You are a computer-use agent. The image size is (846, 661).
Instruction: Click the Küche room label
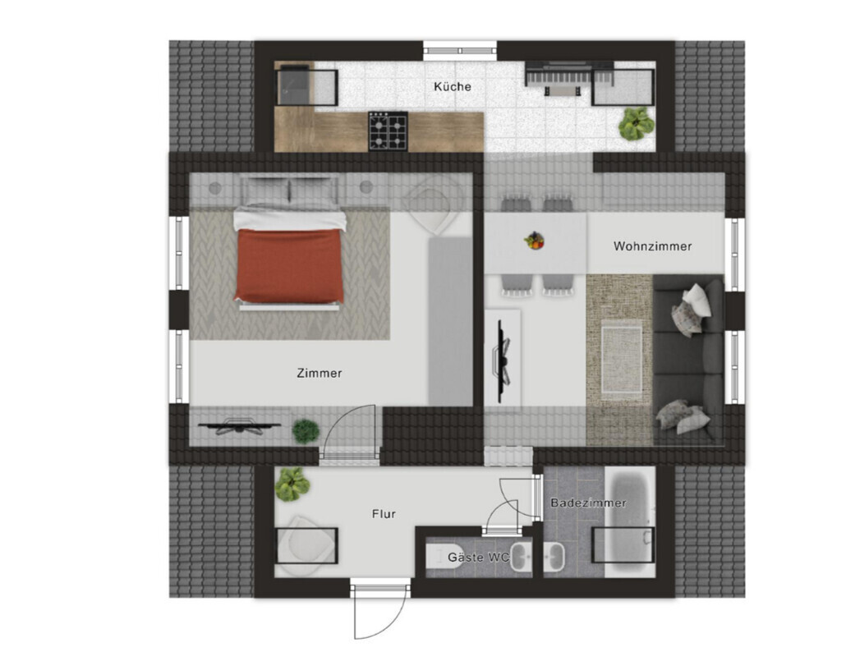[x=452, y=86]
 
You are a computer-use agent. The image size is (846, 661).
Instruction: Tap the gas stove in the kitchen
[x=388, y=131]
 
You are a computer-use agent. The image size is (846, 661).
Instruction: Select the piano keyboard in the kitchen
[x=569, y=79]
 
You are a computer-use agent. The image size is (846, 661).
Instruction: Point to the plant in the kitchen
[x=636, y=123]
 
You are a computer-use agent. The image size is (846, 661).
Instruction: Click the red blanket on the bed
[x=289, y=265]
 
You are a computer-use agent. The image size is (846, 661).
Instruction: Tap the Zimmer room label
[x=319, y=373]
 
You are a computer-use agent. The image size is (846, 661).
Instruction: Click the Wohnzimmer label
[x=652, y=246]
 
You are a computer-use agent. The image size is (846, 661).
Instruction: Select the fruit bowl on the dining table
[x=534, y=241]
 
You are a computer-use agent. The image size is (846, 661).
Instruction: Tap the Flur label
[x=384, y=514]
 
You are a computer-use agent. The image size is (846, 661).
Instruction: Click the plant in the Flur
[x=292, y=484]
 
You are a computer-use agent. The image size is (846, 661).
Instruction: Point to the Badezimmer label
[x=588, y=503]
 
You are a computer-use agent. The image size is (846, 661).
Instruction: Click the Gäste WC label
[x=479, y=558]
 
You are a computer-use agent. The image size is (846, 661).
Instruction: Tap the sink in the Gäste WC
[x=521, y=557]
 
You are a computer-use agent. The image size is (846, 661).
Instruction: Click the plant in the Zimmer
[x=306, y=432]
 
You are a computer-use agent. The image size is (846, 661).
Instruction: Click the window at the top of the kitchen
[x=460, y=51]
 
